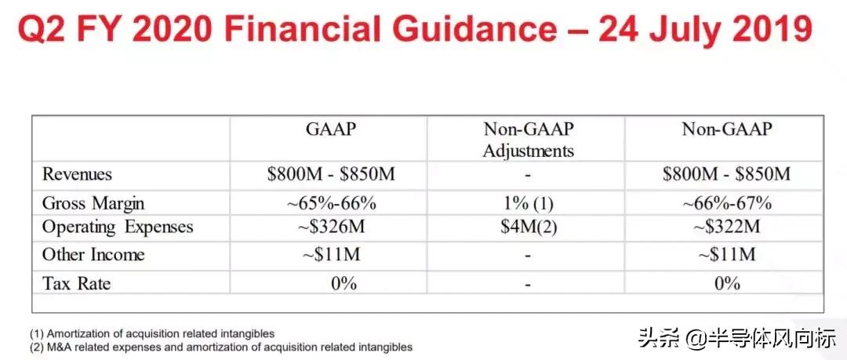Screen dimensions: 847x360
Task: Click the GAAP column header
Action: click(329, 131)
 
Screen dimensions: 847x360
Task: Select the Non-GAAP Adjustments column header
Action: click(528, 140)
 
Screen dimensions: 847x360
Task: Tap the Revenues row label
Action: click(77, 175)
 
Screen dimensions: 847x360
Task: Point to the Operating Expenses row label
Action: click(118, 227)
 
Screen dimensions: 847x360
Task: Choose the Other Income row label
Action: click(93, 255)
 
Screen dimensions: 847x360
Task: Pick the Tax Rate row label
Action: click(76, 283)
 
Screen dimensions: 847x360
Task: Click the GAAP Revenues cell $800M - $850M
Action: click(331, 175)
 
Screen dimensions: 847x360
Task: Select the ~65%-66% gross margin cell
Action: click(331, 203)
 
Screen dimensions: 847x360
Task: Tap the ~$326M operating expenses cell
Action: click(331, 227)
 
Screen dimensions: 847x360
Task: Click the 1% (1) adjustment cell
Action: click(528, 203)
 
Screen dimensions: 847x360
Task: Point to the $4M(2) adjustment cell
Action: click(528, 227)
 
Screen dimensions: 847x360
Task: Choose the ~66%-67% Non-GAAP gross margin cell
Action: click(726, 203)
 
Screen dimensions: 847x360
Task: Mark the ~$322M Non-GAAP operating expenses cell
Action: click(726, 227)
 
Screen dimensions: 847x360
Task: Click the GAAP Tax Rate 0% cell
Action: click(344, 283)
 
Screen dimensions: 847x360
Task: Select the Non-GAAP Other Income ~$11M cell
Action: click(726, 255)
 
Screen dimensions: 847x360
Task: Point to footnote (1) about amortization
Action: click(153, 333)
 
